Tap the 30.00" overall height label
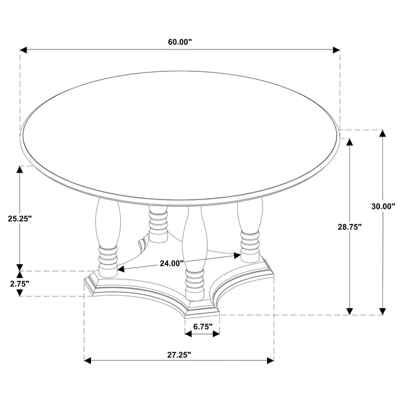coord(383,206)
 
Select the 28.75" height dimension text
coord(349,227)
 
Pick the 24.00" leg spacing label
coord(172,263)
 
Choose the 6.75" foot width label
coord(203,326)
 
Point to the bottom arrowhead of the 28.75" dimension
coord(349,311)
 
